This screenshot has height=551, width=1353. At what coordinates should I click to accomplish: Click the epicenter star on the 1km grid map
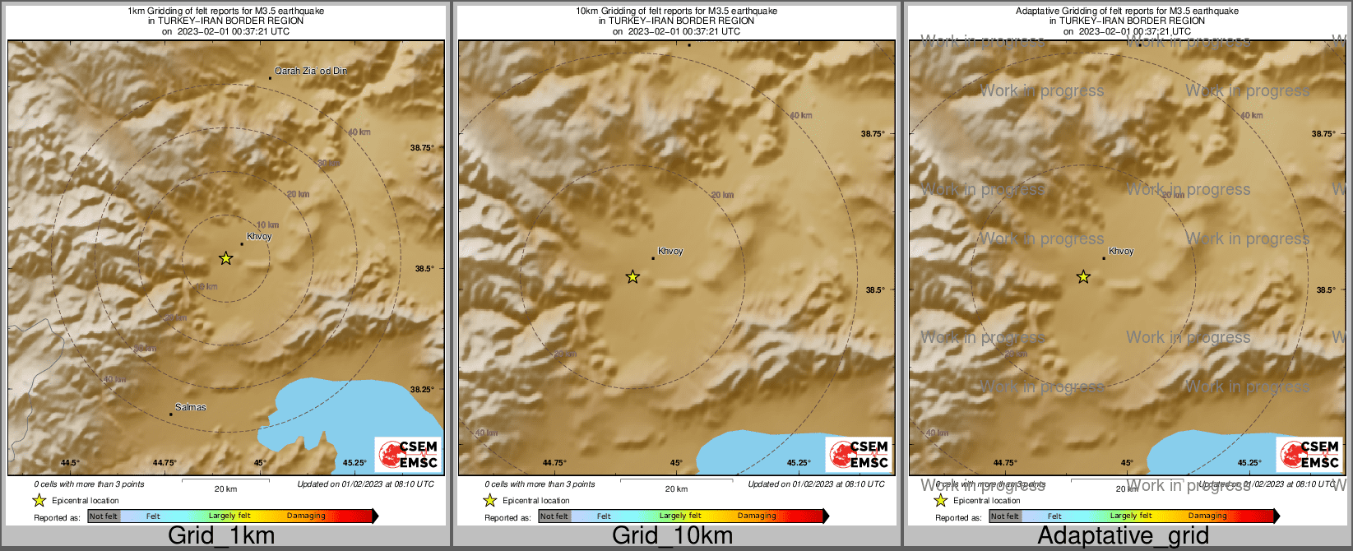point(226,258)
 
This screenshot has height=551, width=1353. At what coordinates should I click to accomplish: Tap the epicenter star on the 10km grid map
point(632,277)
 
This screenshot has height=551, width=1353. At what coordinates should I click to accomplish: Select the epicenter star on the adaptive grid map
point(1083,277)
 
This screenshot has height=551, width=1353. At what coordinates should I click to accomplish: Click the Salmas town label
point(191,407)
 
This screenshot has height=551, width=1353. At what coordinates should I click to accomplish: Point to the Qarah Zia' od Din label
point(310,71)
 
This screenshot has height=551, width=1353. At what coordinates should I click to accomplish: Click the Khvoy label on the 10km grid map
point(670,251)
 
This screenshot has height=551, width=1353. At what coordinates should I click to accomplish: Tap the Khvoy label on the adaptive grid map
point(1121,251)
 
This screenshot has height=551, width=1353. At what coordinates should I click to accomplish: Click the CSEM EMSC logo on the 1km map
point(408,455)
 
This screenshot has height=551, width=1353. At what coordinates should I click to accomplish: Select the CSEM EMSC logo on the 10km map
point(859,455)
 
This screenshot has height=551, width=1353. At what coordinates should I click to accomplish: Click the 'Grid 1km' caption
point(220,536)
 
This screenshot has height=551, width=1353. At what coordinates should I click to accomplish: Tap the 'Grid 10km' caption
point(672,536)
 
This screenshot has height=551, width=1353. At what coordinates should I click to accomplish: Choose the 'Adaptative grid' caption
point(1123,536)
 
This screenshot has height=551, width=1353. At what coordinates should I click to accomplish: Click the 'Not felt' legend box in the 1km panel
point(104,516)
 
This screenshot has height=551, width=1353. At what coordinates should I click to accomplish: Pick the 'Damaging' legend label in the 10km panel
point(757,516)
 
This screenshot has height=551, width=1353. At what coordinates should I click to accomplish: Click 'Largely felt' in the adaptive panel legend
point(1130,516)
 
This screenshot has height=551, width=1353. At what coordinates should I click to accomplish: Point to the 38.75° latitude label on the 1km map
point(422,148)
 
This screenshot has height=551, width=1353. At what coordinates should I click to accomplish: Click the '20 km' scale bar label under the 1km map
point(225,488)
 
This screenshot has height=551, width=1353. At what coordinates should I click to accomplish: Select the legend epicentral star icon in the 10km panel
point(490,501)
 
